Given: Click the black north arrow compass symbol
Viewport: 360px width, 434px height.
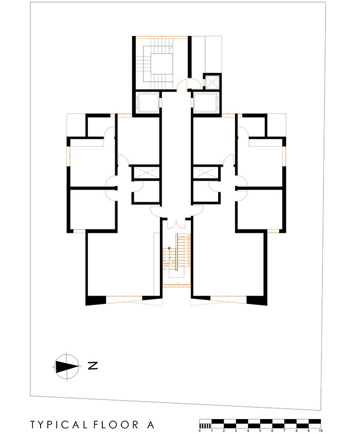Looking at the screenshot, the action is (x=66, y=367).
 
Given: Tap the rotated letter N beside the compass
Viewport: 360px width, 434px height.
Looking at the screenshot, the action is (x=93, y=366).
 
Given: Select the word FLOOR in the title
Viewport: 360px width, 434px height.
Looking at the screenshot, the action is (x=116, y=425).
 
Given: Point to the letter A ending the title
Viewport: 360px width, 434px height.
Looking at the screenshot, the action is (x=150, y=425).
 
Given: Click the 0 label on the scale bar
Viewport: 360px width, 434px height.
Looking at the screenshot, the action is (x=200, y=431).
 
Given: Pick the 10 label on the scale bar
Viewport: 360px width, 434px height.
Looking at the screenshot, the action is (x=320, y=431).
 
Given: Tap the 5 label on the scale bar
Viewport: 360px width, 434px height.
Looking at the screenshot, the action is (x=260, y=431).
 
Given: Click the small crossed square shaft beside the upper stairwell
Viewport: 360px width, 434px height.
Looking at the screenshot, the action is (x=212, y=82).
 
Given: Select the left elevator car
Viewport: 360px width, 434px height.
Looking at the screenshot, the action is (x=148, y=103).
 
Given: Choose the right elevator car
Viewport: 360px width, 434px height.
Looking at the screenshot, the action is (x=206, y=103).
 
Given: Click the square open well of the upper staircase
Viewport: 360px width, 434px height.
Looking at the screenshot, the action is (x=161, y=64).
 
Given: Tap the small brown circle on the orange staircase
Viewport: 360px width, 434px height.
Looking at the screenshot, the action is (x=169, y=248).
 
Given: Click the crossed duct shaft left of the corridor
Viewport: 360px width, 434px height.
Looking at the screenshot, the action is (x=147, y=173).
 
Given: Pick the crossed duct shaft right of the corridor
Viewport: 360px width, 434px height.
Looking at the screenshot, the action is (x=205, y=173).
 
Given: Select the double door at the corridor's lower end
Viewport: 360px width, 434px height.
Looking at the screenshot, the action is (x=176, y=224).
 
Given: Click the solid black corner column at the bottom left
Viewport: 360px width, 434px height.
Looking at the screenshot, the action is (x=96, y=301).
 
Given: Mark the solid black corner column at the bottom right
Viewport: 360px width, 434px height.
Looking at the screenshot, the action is (x=257, y=301).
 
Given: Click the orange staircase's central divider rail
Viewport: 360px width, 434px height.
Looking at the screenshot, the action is (x=176, y=252).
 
